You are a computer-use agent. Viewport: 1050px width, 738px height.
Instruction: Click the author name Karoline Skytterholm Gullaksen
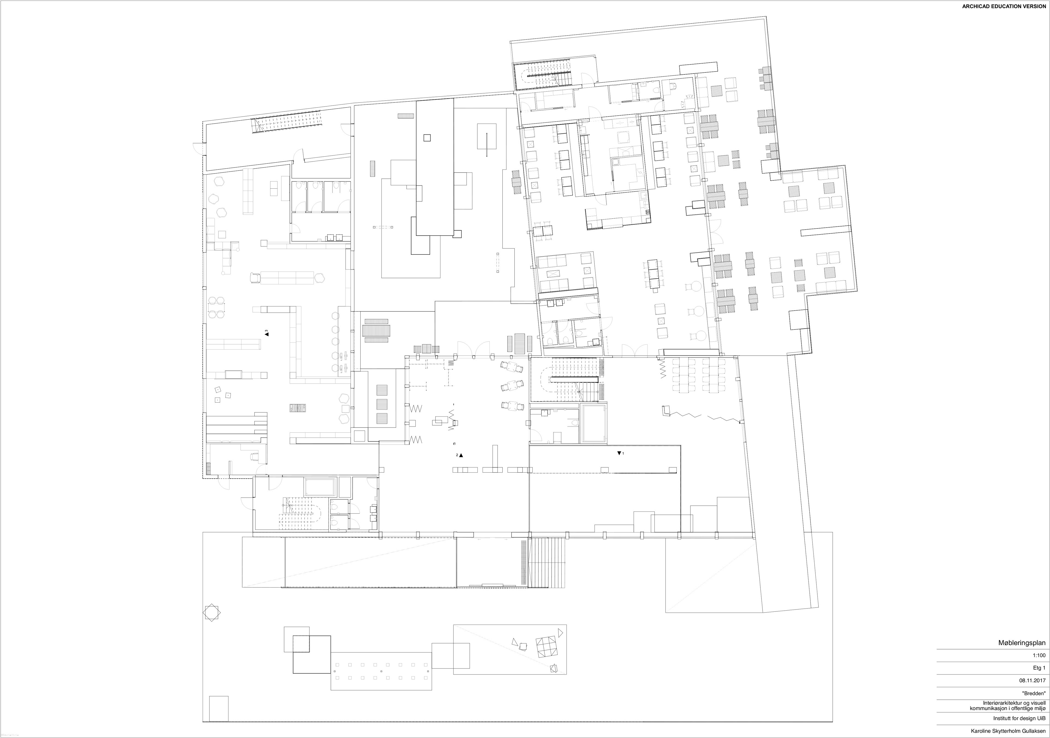click(x=1008, y=731)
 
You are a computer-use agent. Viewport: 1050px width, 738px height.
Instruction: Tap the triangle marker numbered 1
click(x=619, y=453)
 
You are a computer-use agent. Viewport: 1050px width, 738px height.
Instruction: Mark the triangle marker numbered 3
click(x=266, y=334)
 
